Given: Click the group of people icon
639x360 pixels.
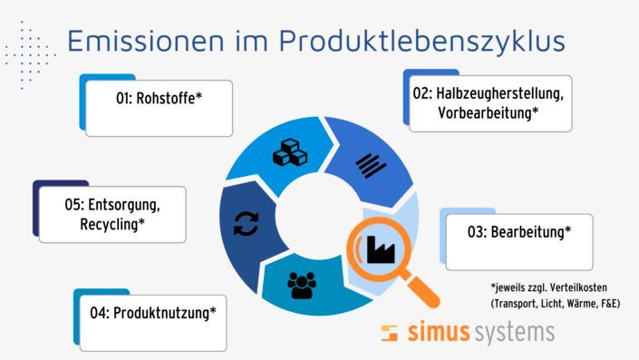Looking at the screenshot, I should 302,286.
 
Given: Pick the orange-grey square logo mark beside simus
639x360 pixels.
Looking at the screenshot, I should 389,332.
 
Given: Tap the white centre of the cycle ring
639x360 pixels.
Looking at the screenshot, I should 307,218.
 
